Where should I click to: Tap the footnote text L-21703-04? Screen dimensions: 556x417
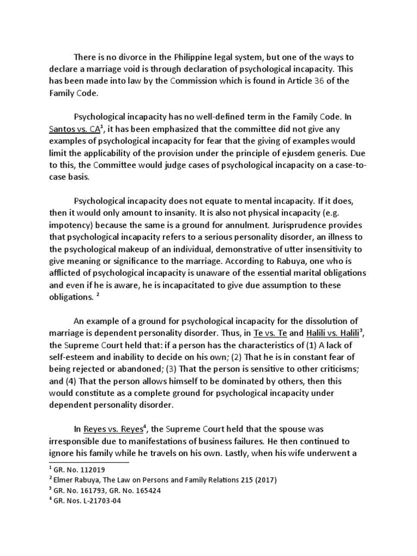tap(102, 501)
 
